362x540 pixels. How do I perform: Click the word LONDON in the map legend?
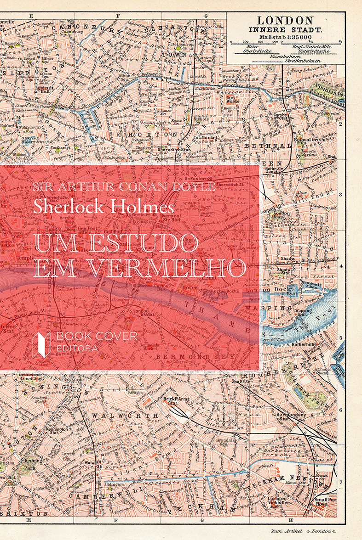(285, 21)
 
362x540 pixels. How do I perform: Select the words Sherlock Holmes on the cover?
(103, 206)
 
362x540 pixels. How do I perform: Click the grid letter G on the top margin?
(205, 16)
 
